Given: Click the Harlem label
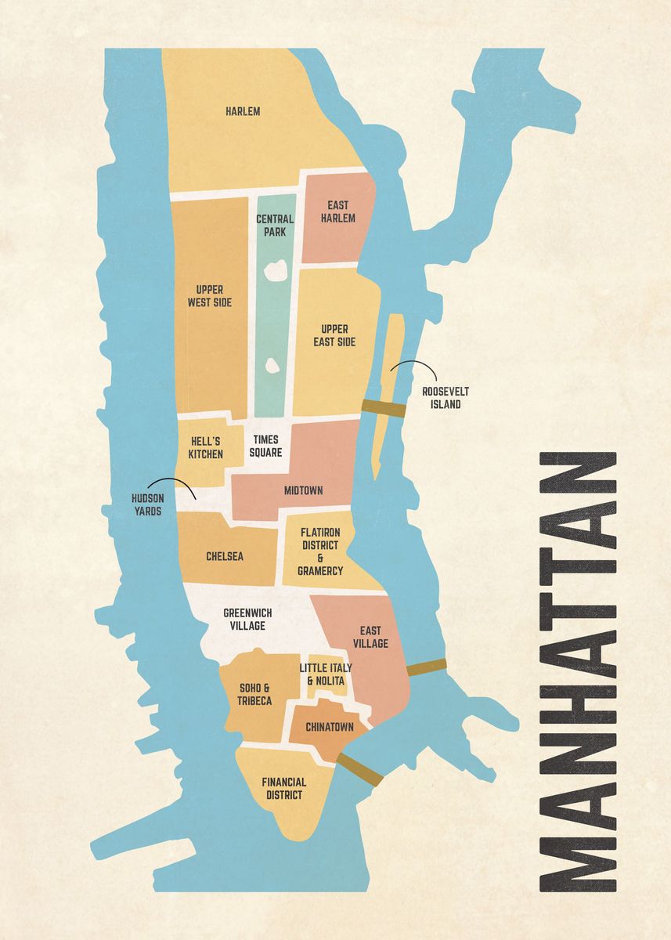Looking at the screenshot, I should [243, 111].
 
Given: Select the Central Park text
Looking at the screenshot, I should [275, 226].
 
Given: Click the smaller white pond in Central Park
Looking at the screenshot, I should [272, 365].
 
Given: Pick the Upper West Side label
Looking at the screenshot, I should [209, 296].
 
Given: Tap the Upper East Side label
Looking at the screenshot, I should [335, 335].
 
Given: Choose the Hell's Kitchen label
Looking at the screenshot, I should [205, 447].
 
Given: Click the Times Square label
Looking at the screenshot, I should [265, 446].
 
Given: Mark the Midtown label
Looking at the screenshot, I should [304, 490].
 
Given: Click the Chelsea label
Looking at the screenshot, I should [225, 556].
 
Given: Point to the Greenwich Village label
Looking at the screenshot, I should [244, 619].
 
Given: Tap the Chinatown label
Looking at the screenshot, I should [330, 727].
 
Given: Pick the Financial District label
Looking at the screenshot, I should [284, 788].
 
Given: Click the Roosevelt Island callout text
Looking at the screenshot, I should [442, 398].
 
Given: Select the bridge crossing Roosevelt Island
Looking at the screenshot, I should [384, 408].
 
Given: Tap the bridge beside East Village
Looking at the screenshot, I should [427, 667].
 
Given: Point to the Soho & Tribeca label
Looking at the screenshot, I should [254, 694].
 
